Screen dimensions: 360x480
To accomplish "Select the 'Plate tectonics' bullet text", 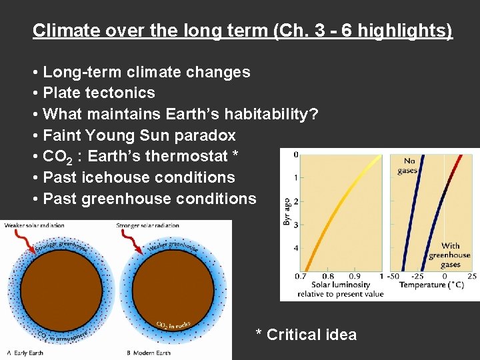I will (x=99, y=93).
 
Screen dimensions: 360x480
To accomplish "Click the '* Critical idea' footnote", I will (x=306, y=335).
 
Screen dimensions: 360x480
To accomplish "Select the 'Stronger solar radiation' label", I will (x=148, y=226).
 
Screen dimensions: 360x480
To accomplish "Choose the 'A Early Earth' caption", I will (x=27, y=353).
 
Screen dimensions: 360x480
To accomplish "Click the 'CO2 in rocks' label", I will (x=173, y=325).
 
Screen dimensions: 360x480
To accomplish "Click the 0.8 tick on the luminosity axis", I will (x=328, y=276).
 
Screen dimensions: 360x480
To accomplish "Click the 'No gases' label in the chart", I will (x=407, y=165).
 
